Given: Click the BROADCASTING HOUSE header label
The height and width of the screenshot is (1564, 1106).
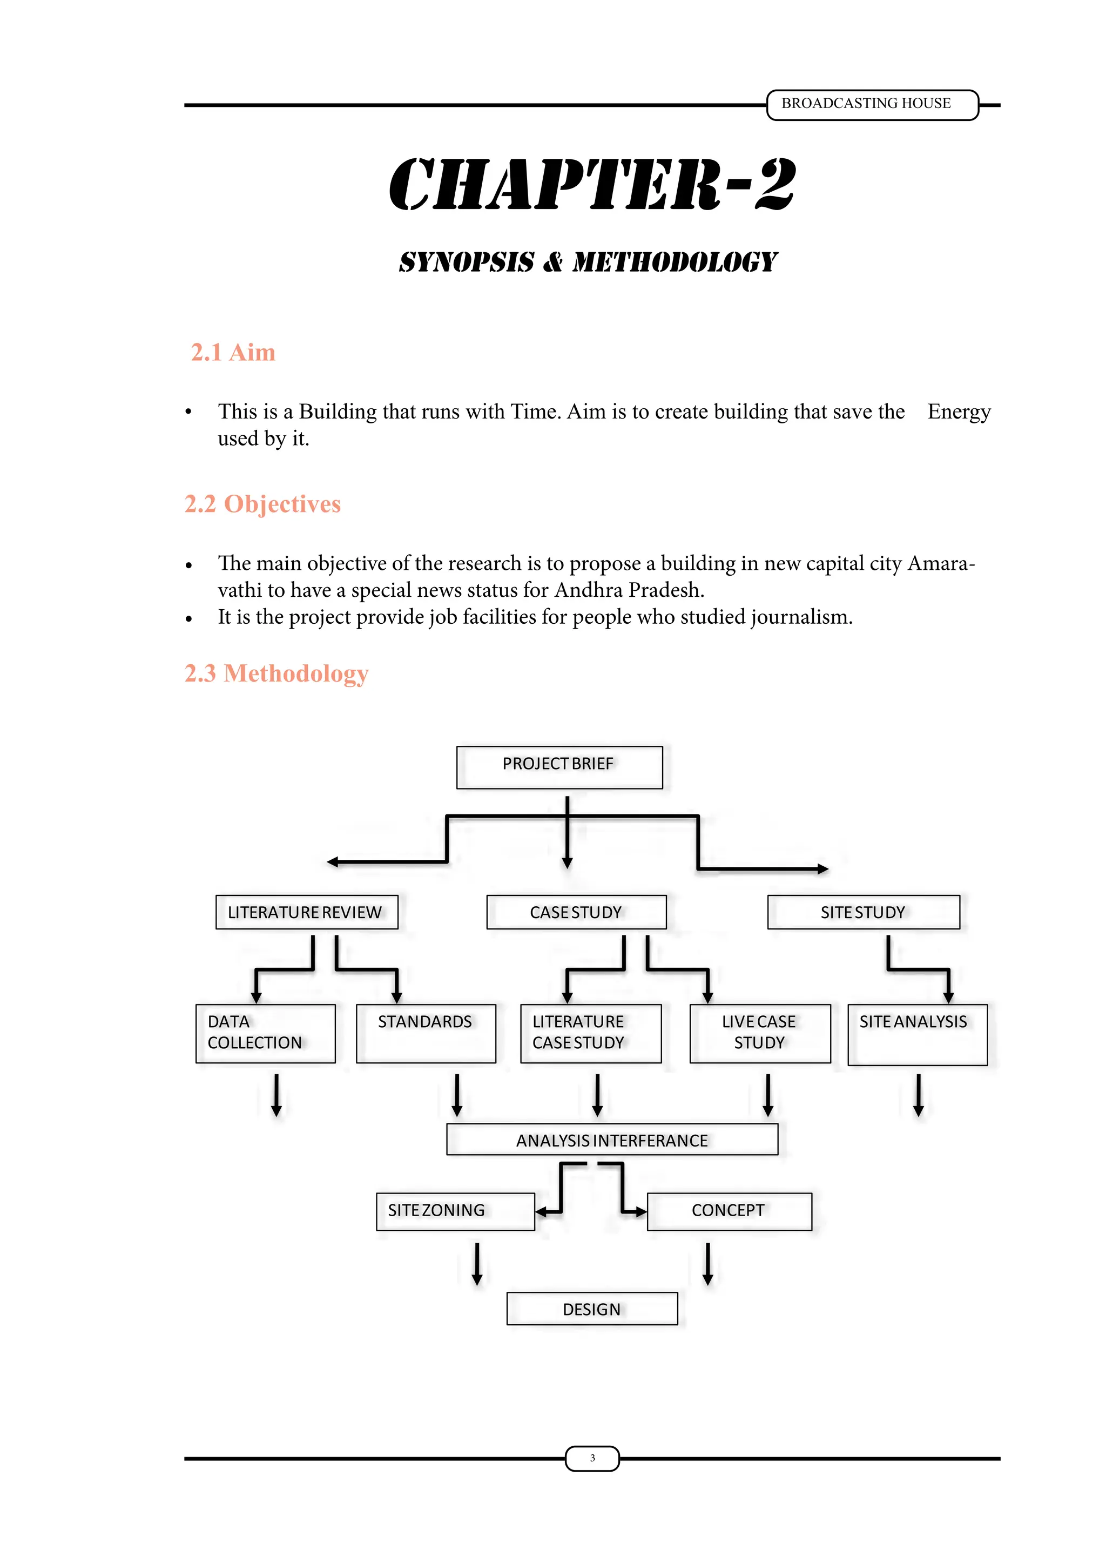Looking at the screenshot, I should tap(866, 104).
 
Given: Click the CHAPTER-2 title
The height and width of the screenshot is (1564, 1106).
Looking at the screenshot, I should tap(592, 184).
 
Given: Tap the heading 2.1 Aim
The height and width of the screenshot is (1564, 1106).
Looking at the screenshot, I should tap(233, 352).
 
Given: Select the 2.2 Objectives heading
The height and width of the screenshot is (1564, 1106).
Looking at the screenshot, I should tap(262, 504).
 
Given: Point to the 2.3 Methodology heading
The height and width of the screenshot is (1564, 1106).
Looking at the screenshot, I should tap(276, 673).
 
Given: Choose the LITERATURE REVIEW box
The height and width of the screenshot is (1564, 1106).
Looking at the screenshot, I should tap(306, 912).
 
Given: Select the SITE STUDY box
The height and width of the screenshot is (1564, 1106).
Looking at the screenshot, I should tap(863, 912).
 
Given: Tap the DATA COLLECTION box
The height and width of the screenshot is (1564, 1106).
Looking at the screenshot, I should tap(265, 1033).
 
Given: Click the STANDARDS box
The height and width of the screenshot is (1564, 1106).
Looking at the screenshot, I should tap(426, 1033).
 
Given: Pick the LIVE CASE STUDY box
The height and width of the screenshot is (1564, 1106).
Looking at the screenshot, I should tap(759, 1033).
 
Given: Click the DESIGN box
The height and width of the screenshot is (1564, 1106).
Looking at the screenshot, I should tap(592, 1309).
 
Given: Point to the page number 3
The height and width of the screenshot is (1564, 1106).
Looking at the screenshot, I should tap(592, 1458).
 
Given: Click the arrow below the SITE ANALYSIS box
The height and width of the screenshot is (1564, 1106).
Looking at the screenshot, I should tap(918, 1095).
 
